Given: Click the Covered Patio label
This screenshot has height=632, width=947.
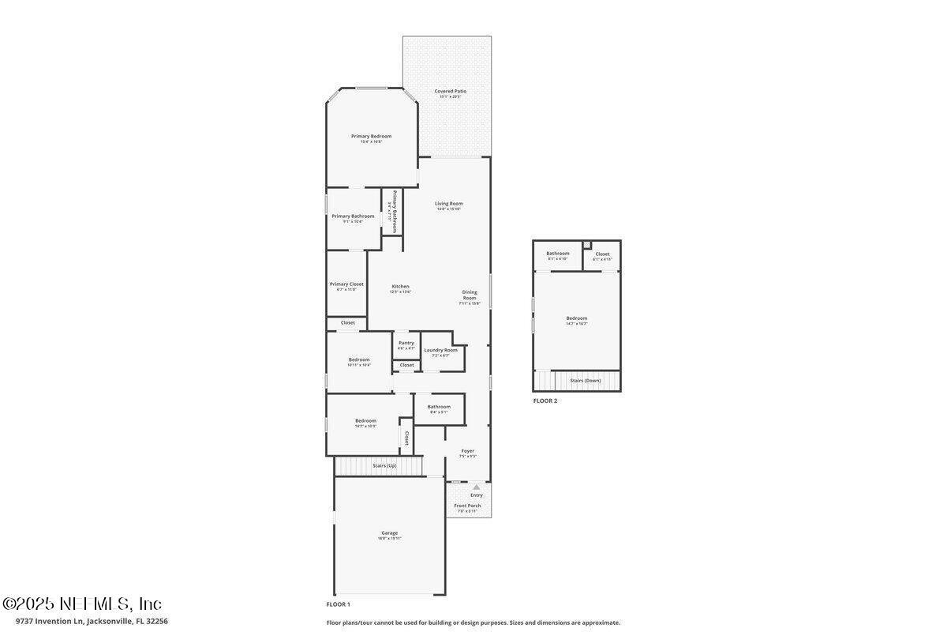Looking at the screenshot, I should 450,92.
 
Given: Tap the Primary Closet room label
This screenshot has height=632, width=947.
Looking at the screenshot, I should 346,284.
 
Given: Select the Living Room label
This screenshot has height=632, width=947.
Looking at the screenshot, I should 448,204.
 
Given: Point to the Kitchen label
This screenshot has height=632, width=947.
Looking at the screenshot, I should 400,287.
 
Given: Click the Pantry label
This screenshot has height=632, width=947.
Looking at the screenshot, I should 406,343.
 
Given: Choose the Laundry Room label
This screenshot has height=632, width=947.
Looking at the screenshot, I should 440,350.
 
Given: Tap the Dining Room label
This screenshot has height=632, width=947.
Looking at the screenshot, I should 470,295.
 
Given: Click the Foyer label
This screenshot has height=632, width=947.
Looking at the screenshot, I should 468,451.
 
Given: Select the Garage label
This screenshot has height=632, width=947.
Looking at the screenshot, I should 390,533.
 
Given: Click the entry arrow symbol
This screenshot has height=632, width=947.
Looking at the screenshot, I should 476,487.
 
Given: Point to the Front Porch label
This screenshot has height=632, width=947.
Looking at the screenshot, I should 467,506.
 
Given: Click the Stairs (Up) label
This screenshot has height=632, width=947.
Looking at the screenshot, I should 384,466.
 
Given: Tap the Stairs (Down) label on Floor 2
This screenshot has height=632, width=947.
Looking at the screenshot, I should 586,381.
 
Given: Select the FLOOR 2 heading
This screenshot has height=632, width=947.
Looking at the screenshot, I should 545,401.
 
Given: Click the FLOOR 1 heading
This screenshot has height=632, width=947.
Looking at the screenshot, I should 338,604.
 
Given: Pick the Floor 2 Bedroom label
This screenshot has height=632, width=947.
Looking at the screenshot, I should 576,318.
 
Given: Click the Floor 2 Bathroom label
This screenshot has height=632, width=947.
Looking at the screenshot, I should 557,254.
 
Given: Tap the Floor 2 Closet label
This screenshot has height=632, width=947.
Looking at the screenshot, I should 602,254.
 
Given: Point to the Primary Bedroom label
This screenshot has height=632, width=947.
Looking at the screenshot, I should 371,136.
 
